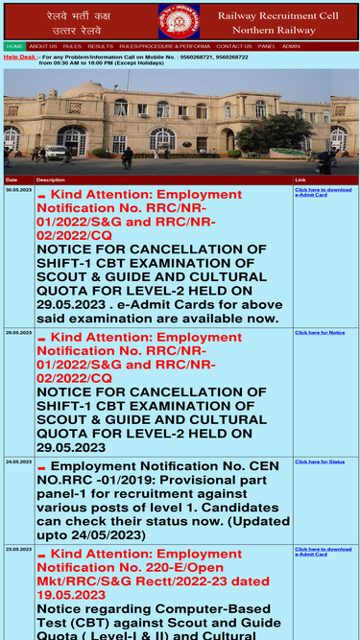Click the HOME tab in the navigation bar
coord(14,46)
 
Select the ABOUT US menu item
coord(42,46)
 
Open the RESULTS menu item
coord(100,46)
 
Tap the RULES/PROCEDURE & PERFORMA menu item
coord(164,46)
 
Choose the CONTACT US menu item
coord(234,46)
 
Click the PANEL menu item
coord(267,46)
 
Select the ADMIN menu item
coord(291,46)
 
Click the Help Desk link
coord(19,57)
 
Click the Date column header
coord(12,179)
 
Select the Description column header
coord(51,179)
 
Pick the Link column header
coord(300,179)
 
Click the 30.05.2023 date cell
coord(18,190)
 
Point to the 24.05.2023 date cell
coord(18,462)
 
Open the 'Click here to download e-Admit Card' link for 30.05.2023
coord(323,192)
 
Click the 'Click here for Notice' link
coord(320,332)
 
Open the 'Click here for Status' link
coord(320,462)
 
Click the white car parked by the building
coord(56,152)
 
